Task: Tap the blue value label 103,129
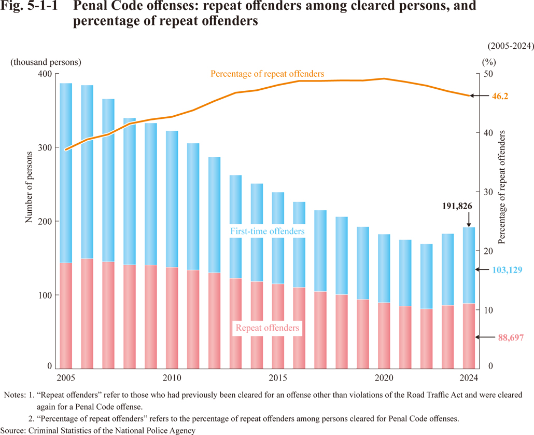tap(508, 269)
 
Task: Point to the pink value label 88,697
tap(508, 337)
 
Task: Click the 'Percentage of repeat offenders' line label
tap(267, 74)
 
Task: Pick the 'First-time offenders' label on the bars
tap(268, 230)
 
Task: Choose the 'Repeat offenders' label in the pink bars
tap(268, 328)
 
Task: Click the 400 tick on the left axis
tap(45, 74)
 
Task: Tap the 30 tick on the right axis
tap(487, 192)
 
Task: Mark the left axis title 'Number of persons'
tap(30, 187)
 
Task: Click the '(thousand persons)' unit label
tap(46, 61)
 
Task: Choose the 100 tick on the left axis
tap(45, 295)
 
